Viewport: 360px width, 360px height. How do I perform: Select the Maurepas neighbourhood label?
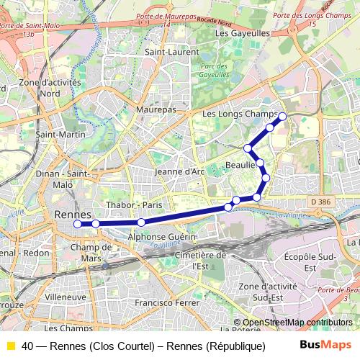click(x=156, y=109)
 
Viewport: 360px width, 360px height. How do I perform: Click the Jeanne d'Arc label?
click(x=180, y=171)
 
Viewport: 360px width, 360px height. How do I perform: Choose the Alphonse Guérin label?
click(x=162, y=236)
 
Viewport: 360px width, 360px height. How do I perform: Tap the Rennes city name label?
click(x=73, y=215)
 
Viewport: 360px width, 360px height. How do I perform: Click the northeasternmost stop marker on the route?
click(x=282, y=116)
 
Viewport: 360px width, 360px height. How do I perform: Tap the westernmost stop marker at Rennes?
click(x=78, y=224)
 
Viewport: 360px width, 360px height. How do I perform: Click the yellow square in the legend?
click(x=11, y=346)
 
